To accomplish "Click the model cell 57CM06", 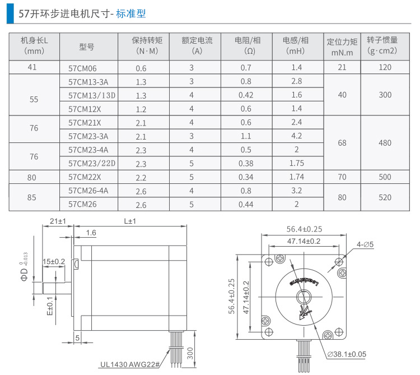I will coord(82,68).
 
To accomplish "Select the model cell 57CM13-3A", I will coord(88,81).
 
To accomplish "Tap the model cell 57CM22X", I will coord(85,177).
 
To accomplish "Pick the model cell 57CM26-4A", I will coord(88,191).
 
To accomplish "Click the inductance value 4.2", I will coord(297,136).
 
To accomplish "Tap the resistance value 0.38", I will coord(246,163).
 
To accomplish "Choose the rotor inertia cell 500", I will coord(385,177).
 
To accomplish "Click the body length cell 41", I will coord(34,68).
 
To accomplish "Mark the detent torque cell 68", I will coord(342,143).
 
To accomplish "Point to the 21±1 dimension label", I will coord(58,221).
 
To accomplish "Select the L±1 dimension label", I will coord(130,221).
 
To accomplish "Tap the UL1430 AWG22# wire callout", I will coord(130,363).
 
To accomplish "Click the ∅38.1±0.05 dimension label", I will coord(347,354).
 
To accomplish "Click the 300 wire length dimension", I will coord(190,353).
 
